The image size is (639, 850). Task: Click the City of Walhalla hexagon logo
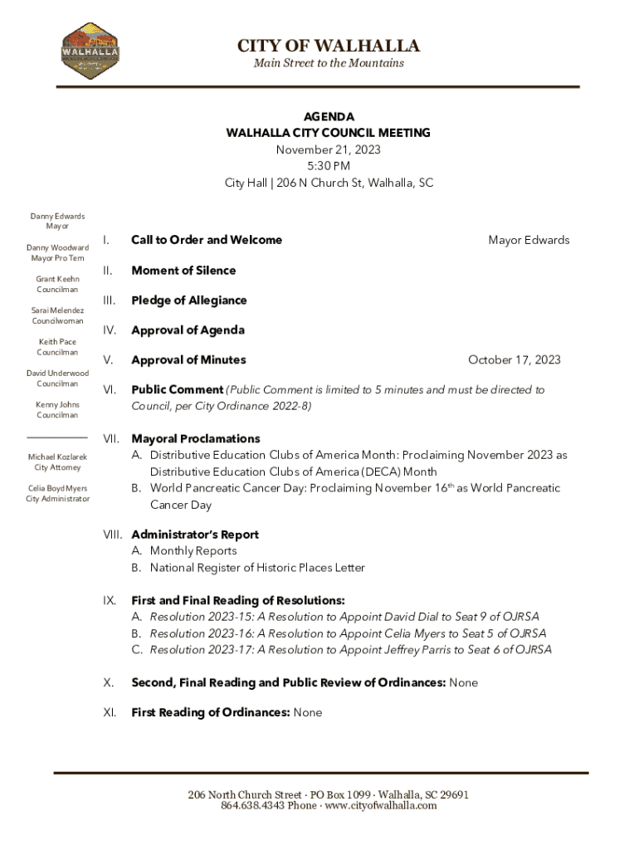tap(90, 51)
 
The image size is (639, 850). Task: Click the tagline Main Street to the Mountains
tap(329, 63)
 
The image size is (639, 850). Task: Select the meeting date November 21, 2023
tap(329, 149)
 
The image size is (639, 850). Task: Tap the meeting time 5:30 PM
tap(329, 166)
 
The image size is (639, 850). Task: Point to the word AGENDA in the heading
tap(329, 117)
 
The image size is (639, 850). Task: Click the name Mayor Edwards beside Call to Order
tap(529, 240)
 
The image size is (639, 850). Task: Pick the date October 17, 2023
tap(514, 359)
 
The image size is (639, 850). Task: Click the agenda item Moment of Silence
tap(183, 271)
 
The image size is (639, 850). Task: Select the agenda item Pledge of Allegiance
tap(189, 300)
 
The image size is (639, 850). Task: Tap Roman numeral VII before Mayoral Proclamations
tap(110, 438)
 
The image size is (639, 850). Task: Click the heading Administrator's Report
tap(195, 535)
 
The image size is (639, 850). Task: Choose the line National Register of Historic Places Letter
tap(257, 568)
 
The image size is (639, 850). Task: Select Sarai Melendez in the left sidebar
tap(58, 310)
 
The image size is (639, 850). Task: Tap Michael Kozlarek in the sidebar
tap(57, 457)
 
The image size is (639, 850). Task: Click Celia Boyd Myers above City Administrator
tap(57, 489)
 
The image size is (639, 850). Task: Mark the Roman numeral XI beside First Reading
tap(109, 712)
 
